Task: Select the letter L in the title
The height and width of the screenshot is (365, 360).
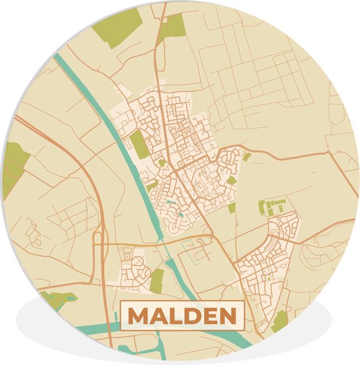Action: [175, 317]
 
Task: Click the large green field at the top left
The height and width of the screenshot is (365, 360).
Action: [117, 26]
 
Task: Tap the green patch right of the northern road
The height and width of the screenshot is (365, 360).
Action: [173, 26]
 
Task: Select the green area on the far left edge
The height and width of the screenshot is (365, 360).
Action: [15, 167]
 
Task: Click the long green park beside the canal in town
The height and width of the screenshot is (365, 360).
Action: [139, 145]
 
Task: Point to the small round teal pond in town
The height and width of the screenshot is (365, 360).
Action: [180, 214]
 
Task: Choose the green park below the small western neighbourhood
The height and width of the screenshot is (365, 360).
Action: [156, 280]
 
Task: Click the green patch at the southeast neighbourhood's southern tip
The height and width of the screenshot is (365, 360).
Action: [280, 320]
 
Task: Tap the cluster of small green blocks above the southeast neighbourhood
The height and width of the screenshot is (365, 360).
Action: [272, 206]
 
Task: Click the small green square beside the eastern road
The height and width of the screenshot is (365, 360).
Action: [246, 156]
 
